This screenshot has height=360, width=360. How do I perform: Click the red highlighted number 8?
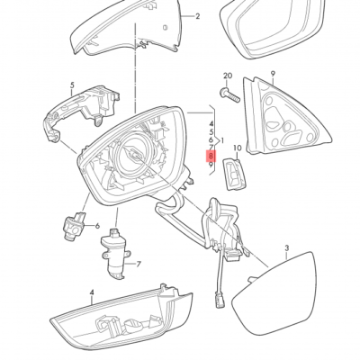(211, 155)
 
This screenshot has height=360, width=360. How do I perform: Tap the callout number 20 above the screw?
(227, 76)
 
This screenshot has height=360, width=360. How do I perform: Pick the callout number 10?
(238, 146)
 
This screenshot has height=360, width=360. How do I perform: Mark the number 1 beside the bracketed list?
(220, 140)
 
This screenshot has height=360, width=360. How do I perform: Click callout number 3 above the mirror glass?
(286, 247)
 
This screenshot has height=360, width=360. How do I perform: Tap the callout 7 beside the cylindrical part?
(139, 265)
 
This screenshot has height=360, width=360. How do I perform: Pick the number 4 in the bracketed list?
(211, 121)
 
